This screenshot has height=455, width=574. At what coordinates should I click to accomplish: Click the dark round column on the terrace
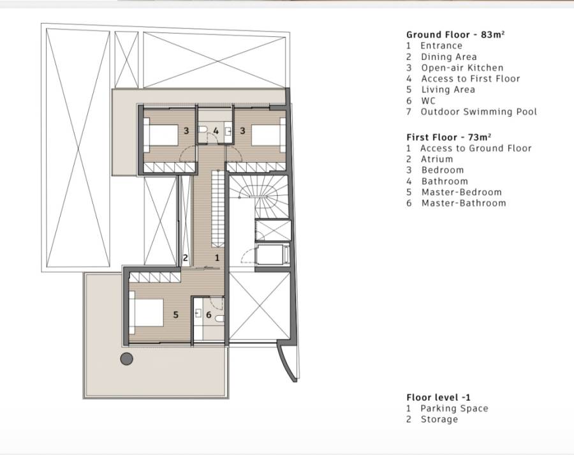tap(127, 359)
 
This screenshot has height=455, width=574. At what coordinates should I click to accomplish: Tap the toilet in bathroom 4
tap(202, 130)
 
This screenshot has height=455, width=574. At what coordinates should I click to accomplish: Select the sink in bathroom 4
tap(228, 130)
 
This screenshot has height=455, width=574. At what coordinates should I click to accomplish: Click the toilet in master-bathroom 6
tap(219, 318)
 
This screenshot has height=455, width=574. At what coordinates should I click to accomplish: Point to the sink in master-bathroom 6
tap(198, 313)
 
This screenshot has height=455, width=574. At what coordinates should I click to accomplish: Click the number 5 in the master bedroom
tap(176, 315)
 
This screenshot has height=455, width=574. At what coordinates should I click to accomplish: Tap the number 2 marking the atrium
tap(185, 258)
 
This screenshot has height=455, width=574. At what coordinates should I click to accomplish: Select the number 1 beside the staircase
tap(217, 258)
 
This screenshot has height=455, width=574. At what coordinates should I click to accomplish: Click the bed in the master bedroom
tap(146, 313)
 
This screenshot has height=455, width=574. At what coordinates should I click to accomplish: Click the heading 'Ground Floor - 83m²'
tap(455, 35)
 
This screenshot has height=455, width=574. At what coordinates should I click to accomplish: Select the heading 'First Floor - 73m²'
tap(449, 137)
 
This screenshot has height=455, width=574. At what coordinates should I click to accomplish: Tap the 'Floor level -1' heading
tap(439, 398)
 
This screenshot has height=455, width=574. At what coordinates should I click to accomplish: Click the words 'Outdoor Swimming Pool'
tap(479, 112)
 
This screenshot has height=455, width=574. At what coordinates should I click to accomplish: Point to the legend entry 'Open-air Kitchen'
tap(462, 68)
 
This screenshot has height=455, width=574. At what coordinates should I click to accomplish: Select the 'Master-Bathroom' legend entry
tap(464, 203)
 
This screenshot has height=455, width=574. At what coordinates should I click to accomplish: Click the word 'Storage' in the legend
tap(439, 419)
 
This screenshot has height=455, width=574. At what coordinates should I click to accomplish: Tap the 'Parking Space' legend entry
tap(454, 408)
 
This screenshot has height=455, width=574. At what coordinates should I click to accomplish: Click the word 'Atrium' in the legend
tap(437, 159)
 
